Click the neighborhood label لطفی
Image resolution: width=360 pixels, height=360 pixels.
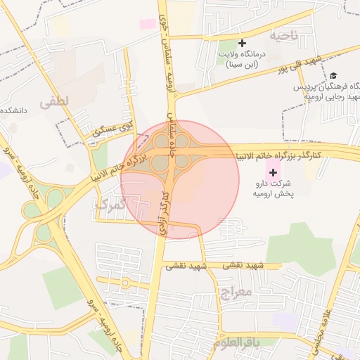[x=55, y=101]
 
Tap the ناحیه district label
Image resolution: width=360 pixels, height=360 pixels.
[x=283, y=35]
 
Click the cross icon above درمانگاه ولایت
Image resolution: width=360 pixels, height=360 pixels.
[x=243, y=44]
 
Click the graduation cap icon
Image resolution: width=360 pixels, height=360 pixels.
[x=333, y=75]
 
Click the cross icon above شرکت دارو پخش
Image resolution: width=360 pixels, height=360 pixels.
[x=273, y=172]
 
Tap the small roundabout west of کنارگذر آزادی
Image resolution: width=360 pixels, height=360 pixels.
[x=125, y=283]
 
